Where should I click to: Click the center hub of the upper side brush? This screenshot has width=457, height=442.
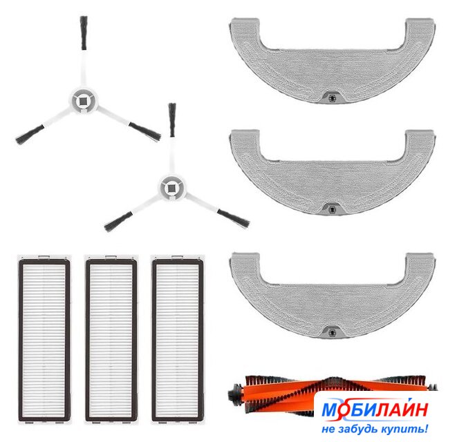[83, 101]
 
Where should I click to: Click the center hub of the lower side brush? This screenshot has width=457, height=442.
[171, 188]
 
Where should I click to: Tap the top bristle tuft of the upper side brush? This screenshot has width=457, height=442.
[84, 32]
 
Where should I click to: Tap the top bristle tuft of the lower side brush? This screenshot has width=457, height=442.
[172, 119]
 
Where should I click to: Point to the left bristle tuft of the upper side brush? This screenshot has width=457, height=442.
[30, 135]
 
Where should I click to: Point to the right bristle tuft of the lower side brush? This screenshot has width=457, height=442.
[234, 218]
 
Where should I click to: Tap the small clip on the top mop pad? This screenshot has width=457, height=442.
[331, 97]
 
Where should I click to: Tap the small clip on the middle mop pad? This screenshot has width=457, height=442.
[331, 209]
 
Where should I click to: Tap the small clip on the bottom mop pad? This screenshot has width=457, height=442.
[331, 332]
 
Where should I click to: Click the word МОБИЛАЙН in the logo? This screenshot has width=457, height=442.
[375, 409]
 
